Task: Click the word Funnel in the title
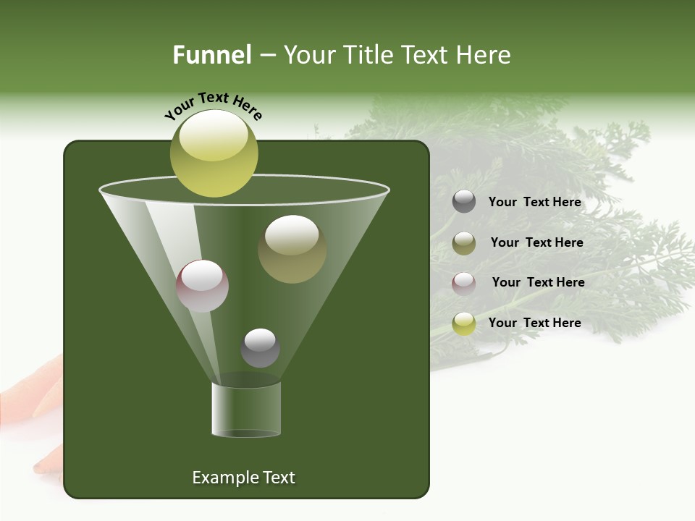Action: pyautogui.click(x=211, y=55)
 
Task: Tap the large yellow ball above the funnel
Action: pyautogui.click(x=214, y=153)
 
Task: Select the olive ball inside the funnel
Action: pyautogui.click(x=292, y=249)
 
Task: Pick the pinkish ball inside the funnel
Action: pyautogui.click(x=202, y=286)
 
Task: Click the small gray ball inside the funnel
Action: pyautogui.click(x=260, y=347)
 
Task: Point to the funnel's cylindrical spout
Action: pyautogui.click(x=246, y=410)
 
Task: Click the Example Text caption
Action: pyautogui.click(x=243, y=478)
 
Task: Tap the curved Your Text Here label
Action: pyautogui.click(x=214, y=104)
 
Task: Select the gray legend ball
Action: pyautogui.click(x=464, y=202)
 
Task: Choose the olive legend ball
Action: pyautogui.click(x=464, y=242)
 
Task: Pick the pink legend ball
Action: pyautogui.click(x=464, y=283)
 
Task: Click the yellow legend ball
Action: pyautogui.click(x=464, y=323)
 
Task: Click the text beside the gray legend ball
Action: pyautogui.click(x=534, y=203)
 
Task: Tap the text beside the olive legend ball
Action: pyautogui.click(x=536, y=243)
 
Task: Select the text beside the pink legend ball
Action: pyautogui.click(x=538, y=283)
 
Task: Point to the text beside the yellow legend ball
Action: pyautogui.click(x=534, y=323)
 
